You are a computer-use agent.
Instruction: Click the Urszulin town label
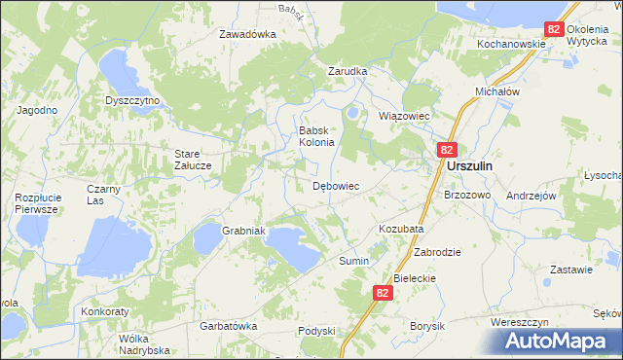tap(469, 166)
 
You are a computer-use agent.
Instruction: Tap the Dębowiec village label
tap(336, 185)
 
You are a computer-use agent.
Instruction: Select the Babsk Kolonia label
tap(316, 135)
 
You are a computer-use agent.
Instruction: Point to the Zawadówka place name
tap(247, 33)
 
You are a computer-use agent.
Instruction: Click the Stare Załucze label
tap(199, 159)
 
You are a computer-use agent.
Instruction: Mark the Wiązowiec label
tap(403, 115)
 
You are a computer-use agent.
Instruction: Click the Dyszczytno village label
tap(131, 99)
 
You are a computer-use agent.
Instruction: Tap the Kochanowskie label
tap(510, 45)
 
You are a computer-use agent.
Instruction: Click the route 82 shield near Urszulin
tap(447, 150)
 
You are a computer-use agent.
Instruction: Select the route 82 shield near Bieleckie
tap(384, 292)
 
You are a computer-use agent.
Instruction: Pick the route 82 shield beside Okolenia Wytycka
tap(554, 30)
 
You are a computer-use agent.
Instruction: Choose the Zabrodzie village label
tap(437, 251)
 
